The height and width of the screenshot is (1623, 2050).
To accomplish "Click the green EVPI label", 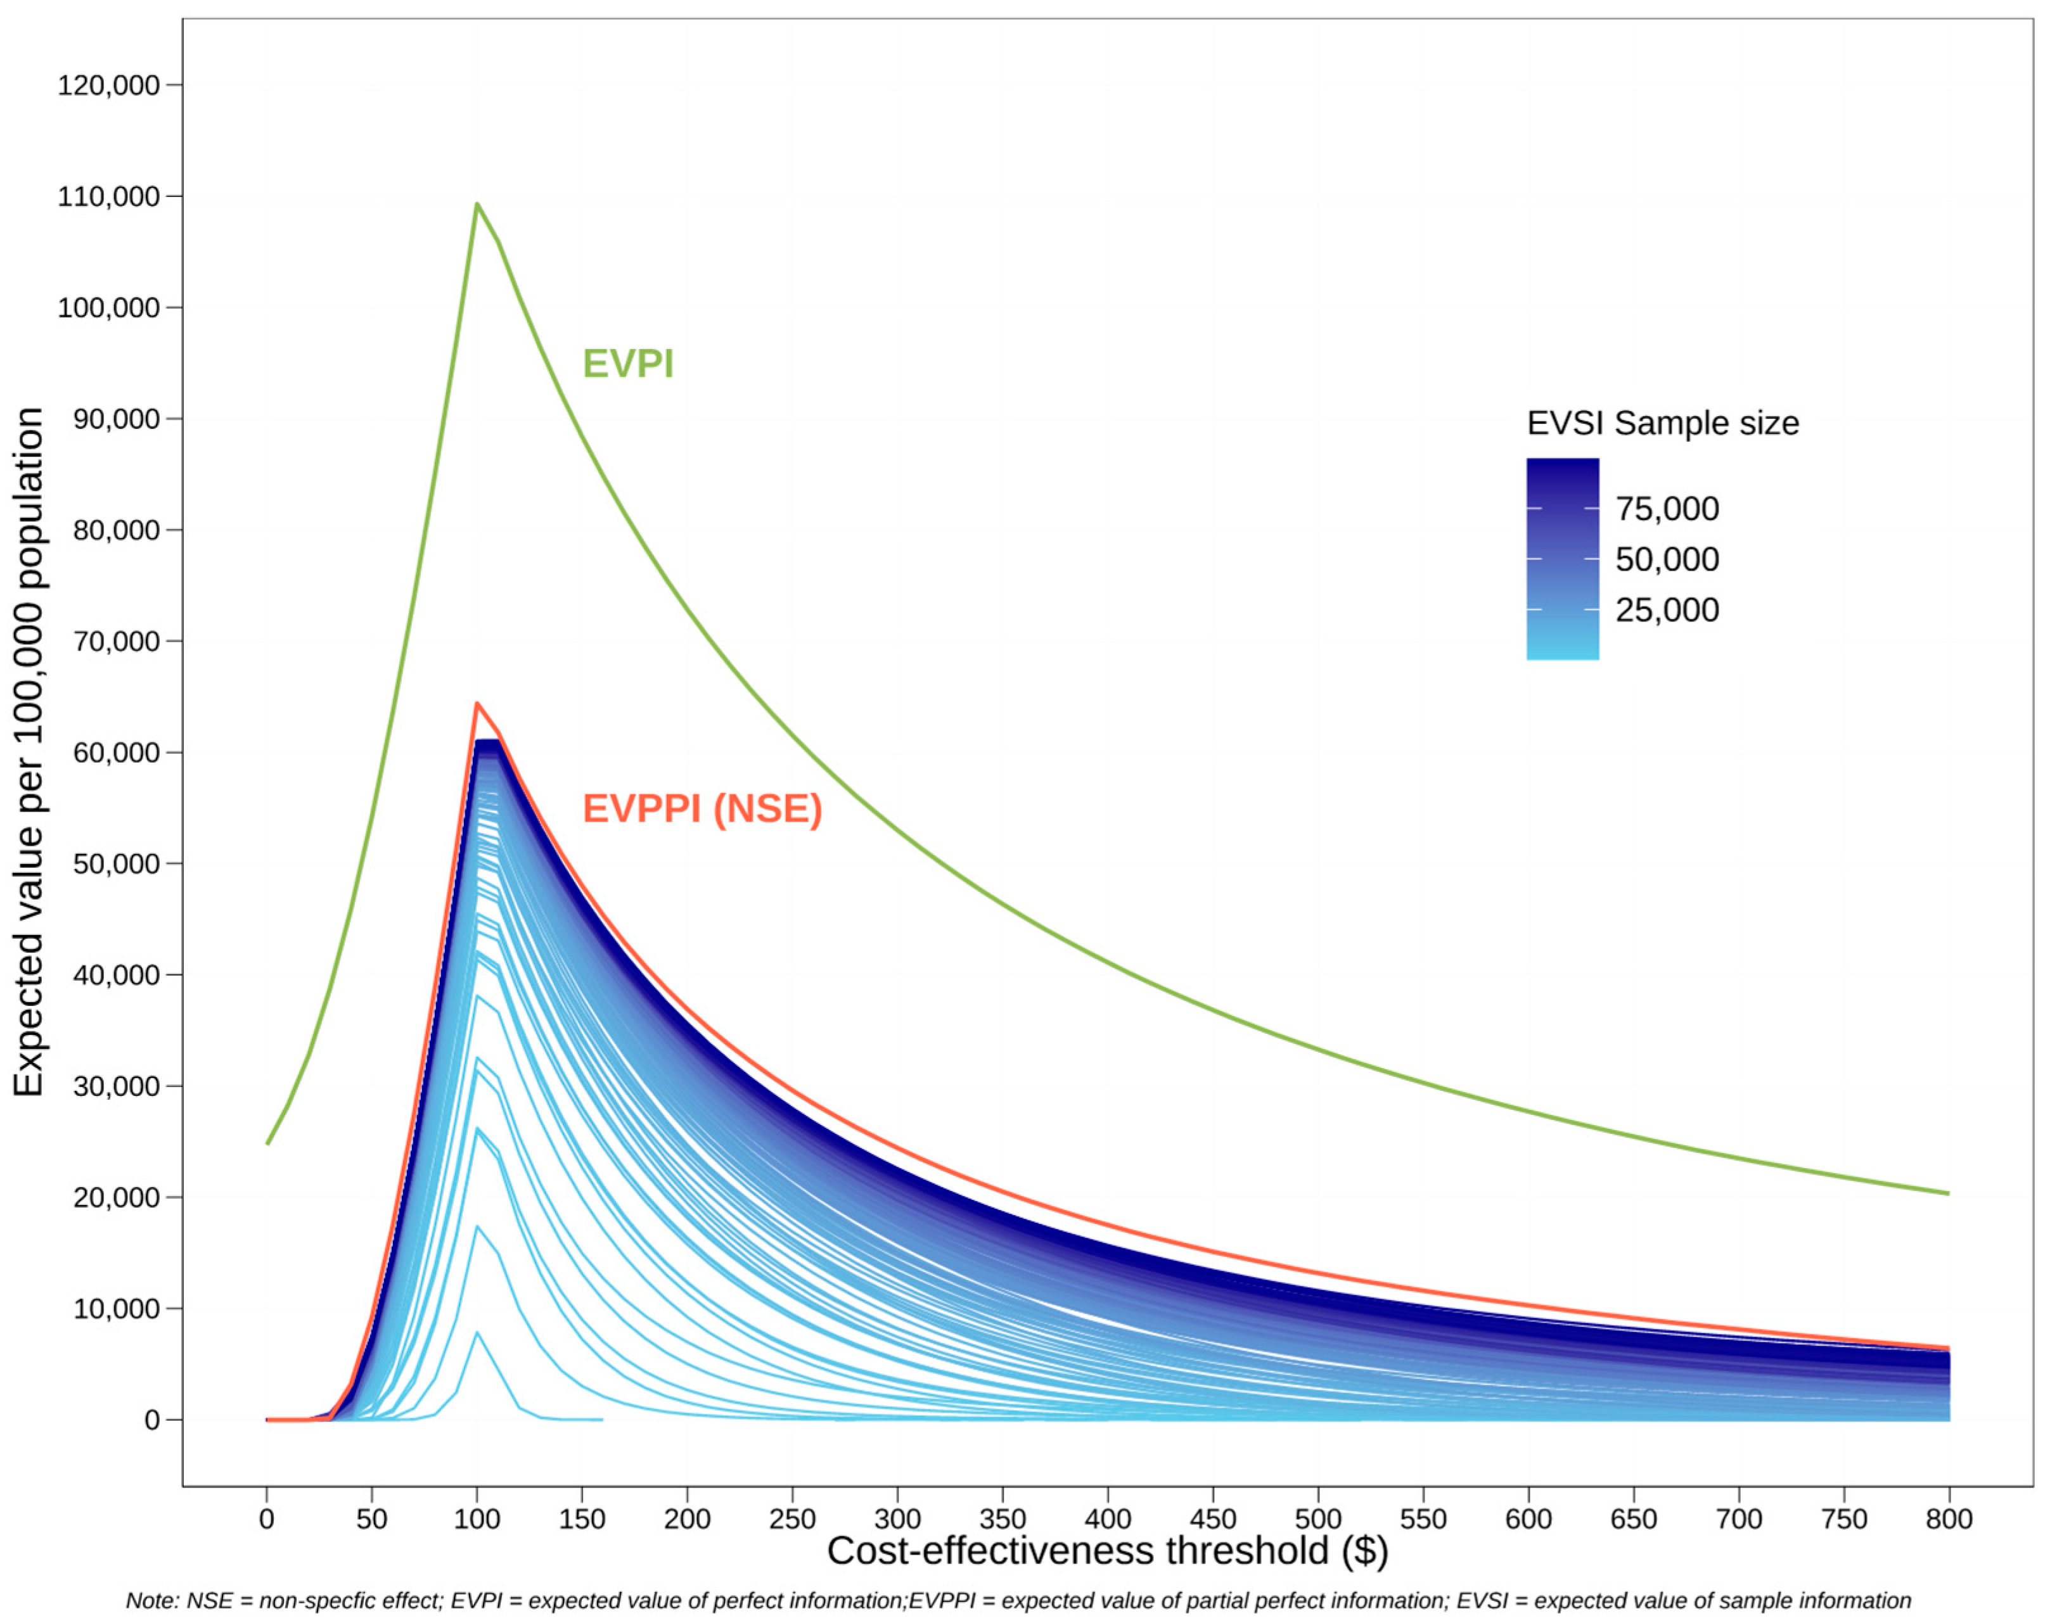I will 627,364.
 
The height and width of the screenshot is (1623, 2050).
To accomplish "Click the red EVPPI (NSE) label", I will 701,808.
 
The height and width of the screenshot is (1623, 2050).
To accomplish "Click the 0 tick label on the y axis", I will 152,1420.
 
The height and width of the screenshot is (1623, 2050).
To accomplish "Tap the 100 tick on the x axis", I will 476,1519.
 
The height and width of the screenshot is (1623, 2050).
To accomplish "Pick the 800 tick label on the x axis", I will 1949,1519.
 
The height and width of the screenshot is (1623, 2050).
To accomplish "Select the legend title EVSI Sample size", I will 1662,423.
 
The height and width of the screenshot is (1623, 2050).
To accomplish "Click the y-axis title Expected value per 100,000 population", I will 29,751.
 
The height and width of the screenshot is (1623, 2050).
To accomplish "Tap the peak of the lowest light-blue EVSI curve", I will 477,1333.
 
